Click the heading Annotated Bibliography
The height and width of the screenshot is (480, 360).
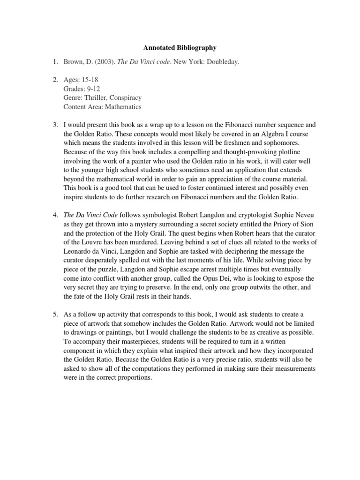(180, 48)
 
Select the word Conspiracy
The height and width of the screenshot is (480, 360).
(127, 98)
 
